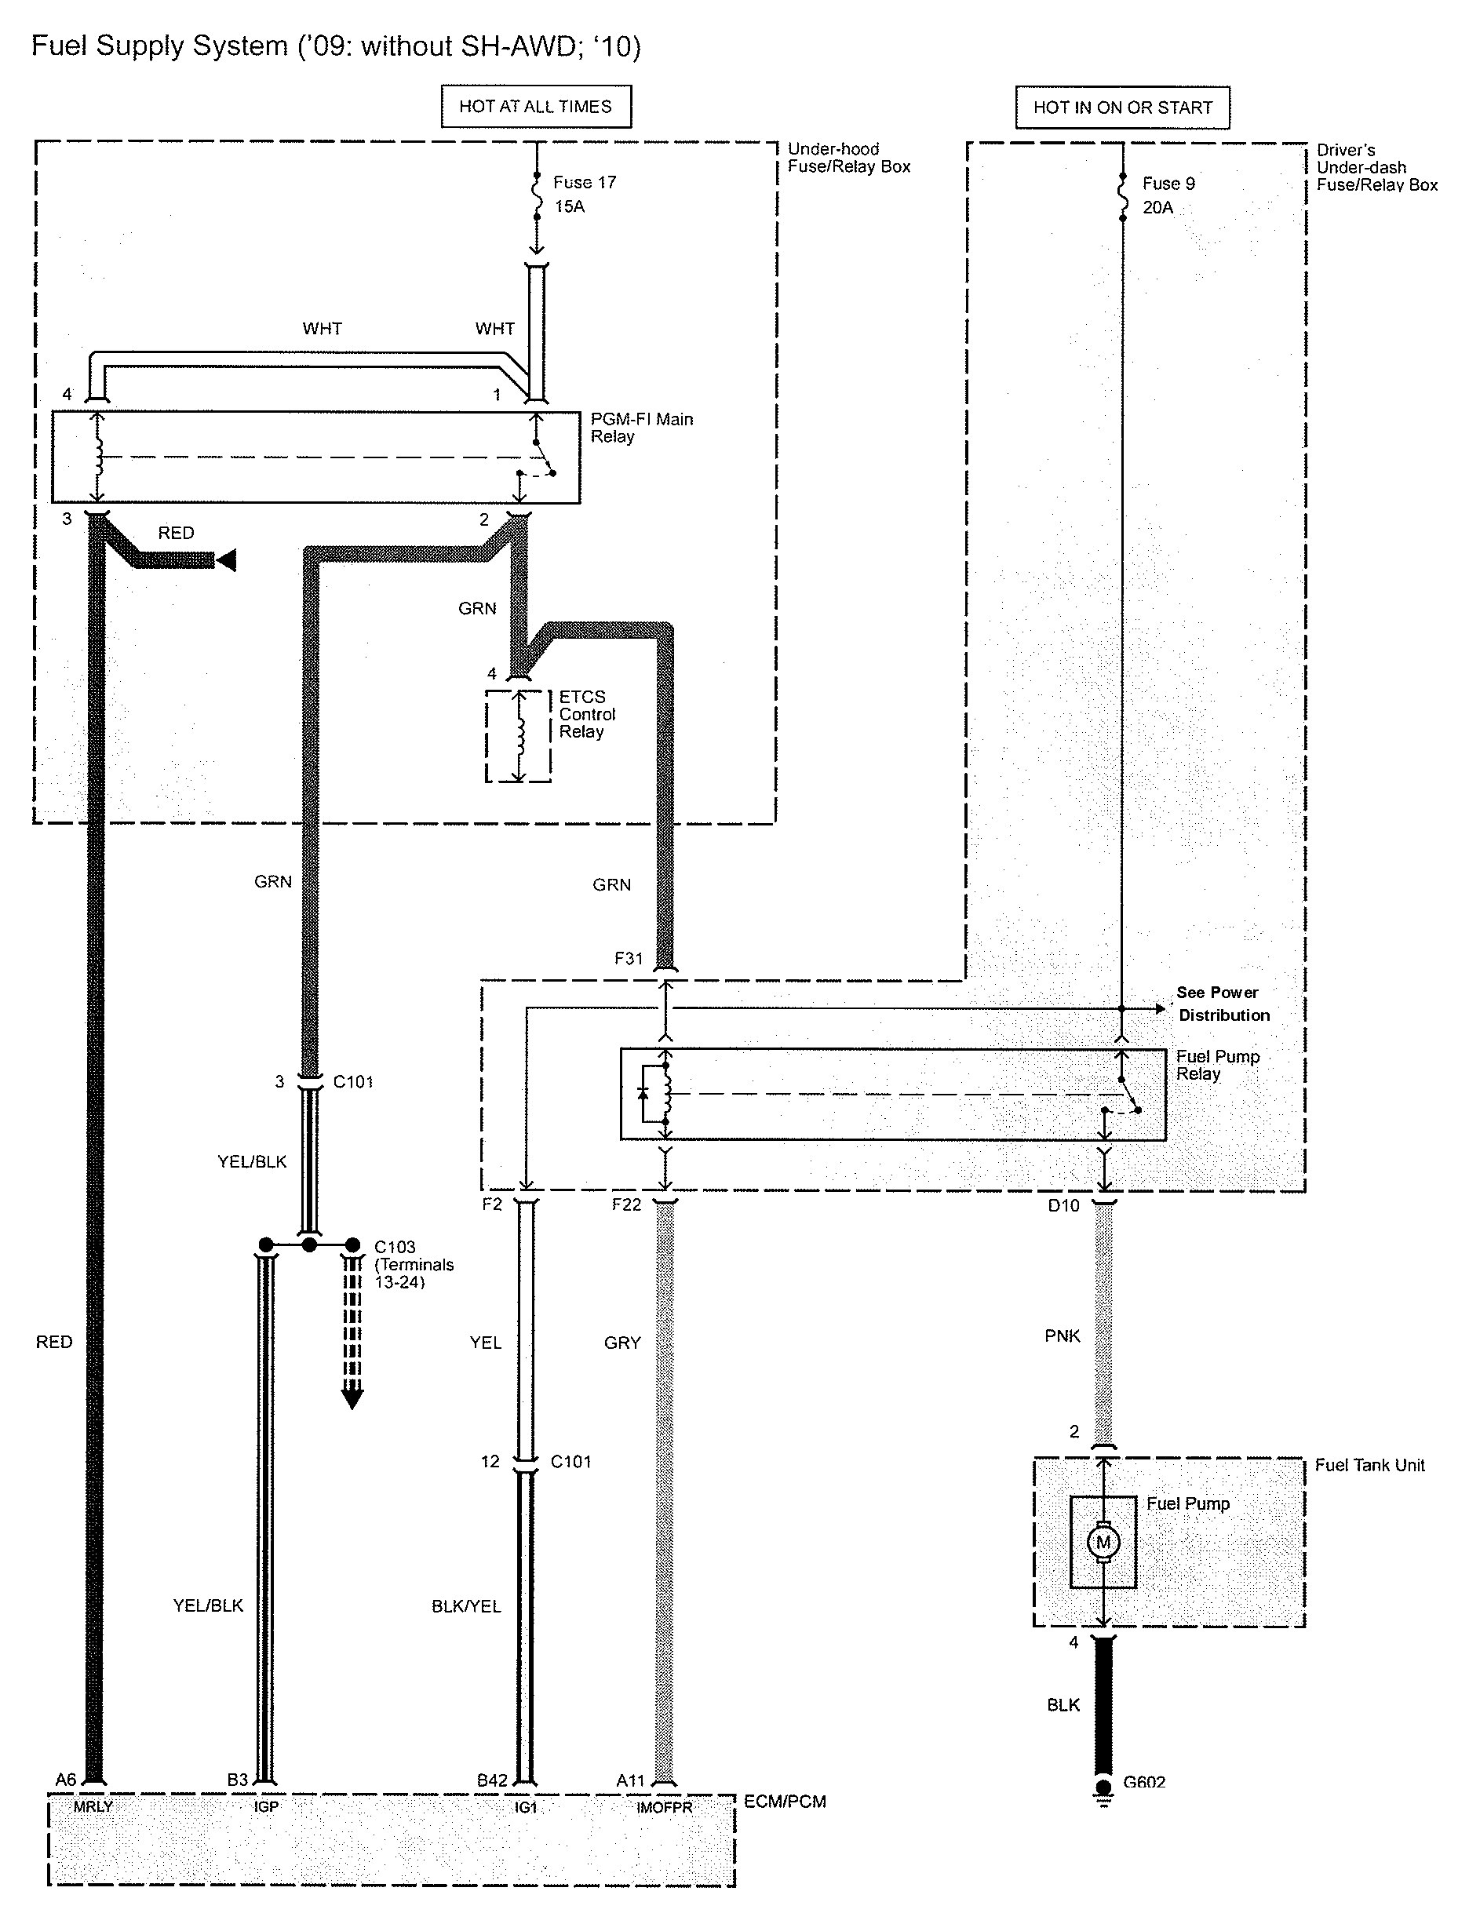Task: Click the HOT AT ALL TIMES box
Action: pyautogui.click(x=535, y=107)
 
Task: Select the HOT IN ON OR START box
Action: pyautogui.click(x=1122, y=107)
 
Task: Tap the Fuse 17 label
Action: pyautogui.click(x=584, y=183)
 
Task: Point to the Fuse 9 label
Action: pyautogui.click(x=1168, y=184)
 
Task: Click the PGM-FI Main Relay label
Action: pyautogui.click(x=641, y=428)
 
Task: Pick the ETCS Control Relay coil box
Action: pyautogui.click(x=519, y=736)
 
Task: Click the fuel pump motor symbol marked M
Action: pyautogui.click(x=1103, y=1542)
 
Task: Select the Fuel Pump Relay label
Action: pyautogui.click(x=1217, y=1065)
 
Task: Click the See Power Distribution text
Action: pyautogui.click(x=1223, y=1004)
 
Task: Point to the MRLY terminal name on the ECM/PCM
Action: pyautogui.click(x=93, y=1806)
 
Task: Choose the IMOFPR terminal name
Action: pyautogui.click(x=664, y=1807)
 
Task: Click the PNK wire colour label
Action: pyautogui.click(x=1063, y=1336)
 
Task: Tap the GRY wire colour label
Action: pyautogui.click(x=622, y=1343)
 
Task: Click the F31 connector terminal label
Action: pyautogui.click(x=628, y=958)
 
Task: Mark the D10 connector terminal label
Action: pyautogui.click(x=1063, y=1205)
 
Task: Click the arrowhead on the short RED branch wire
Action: pyautogui.click(x=227, y=560)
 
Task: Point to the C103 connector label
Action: pyautogui.click(x=395, y=1247)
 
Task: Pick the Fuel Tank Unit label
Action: pyautogui.click(x=1369, y=1465)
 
